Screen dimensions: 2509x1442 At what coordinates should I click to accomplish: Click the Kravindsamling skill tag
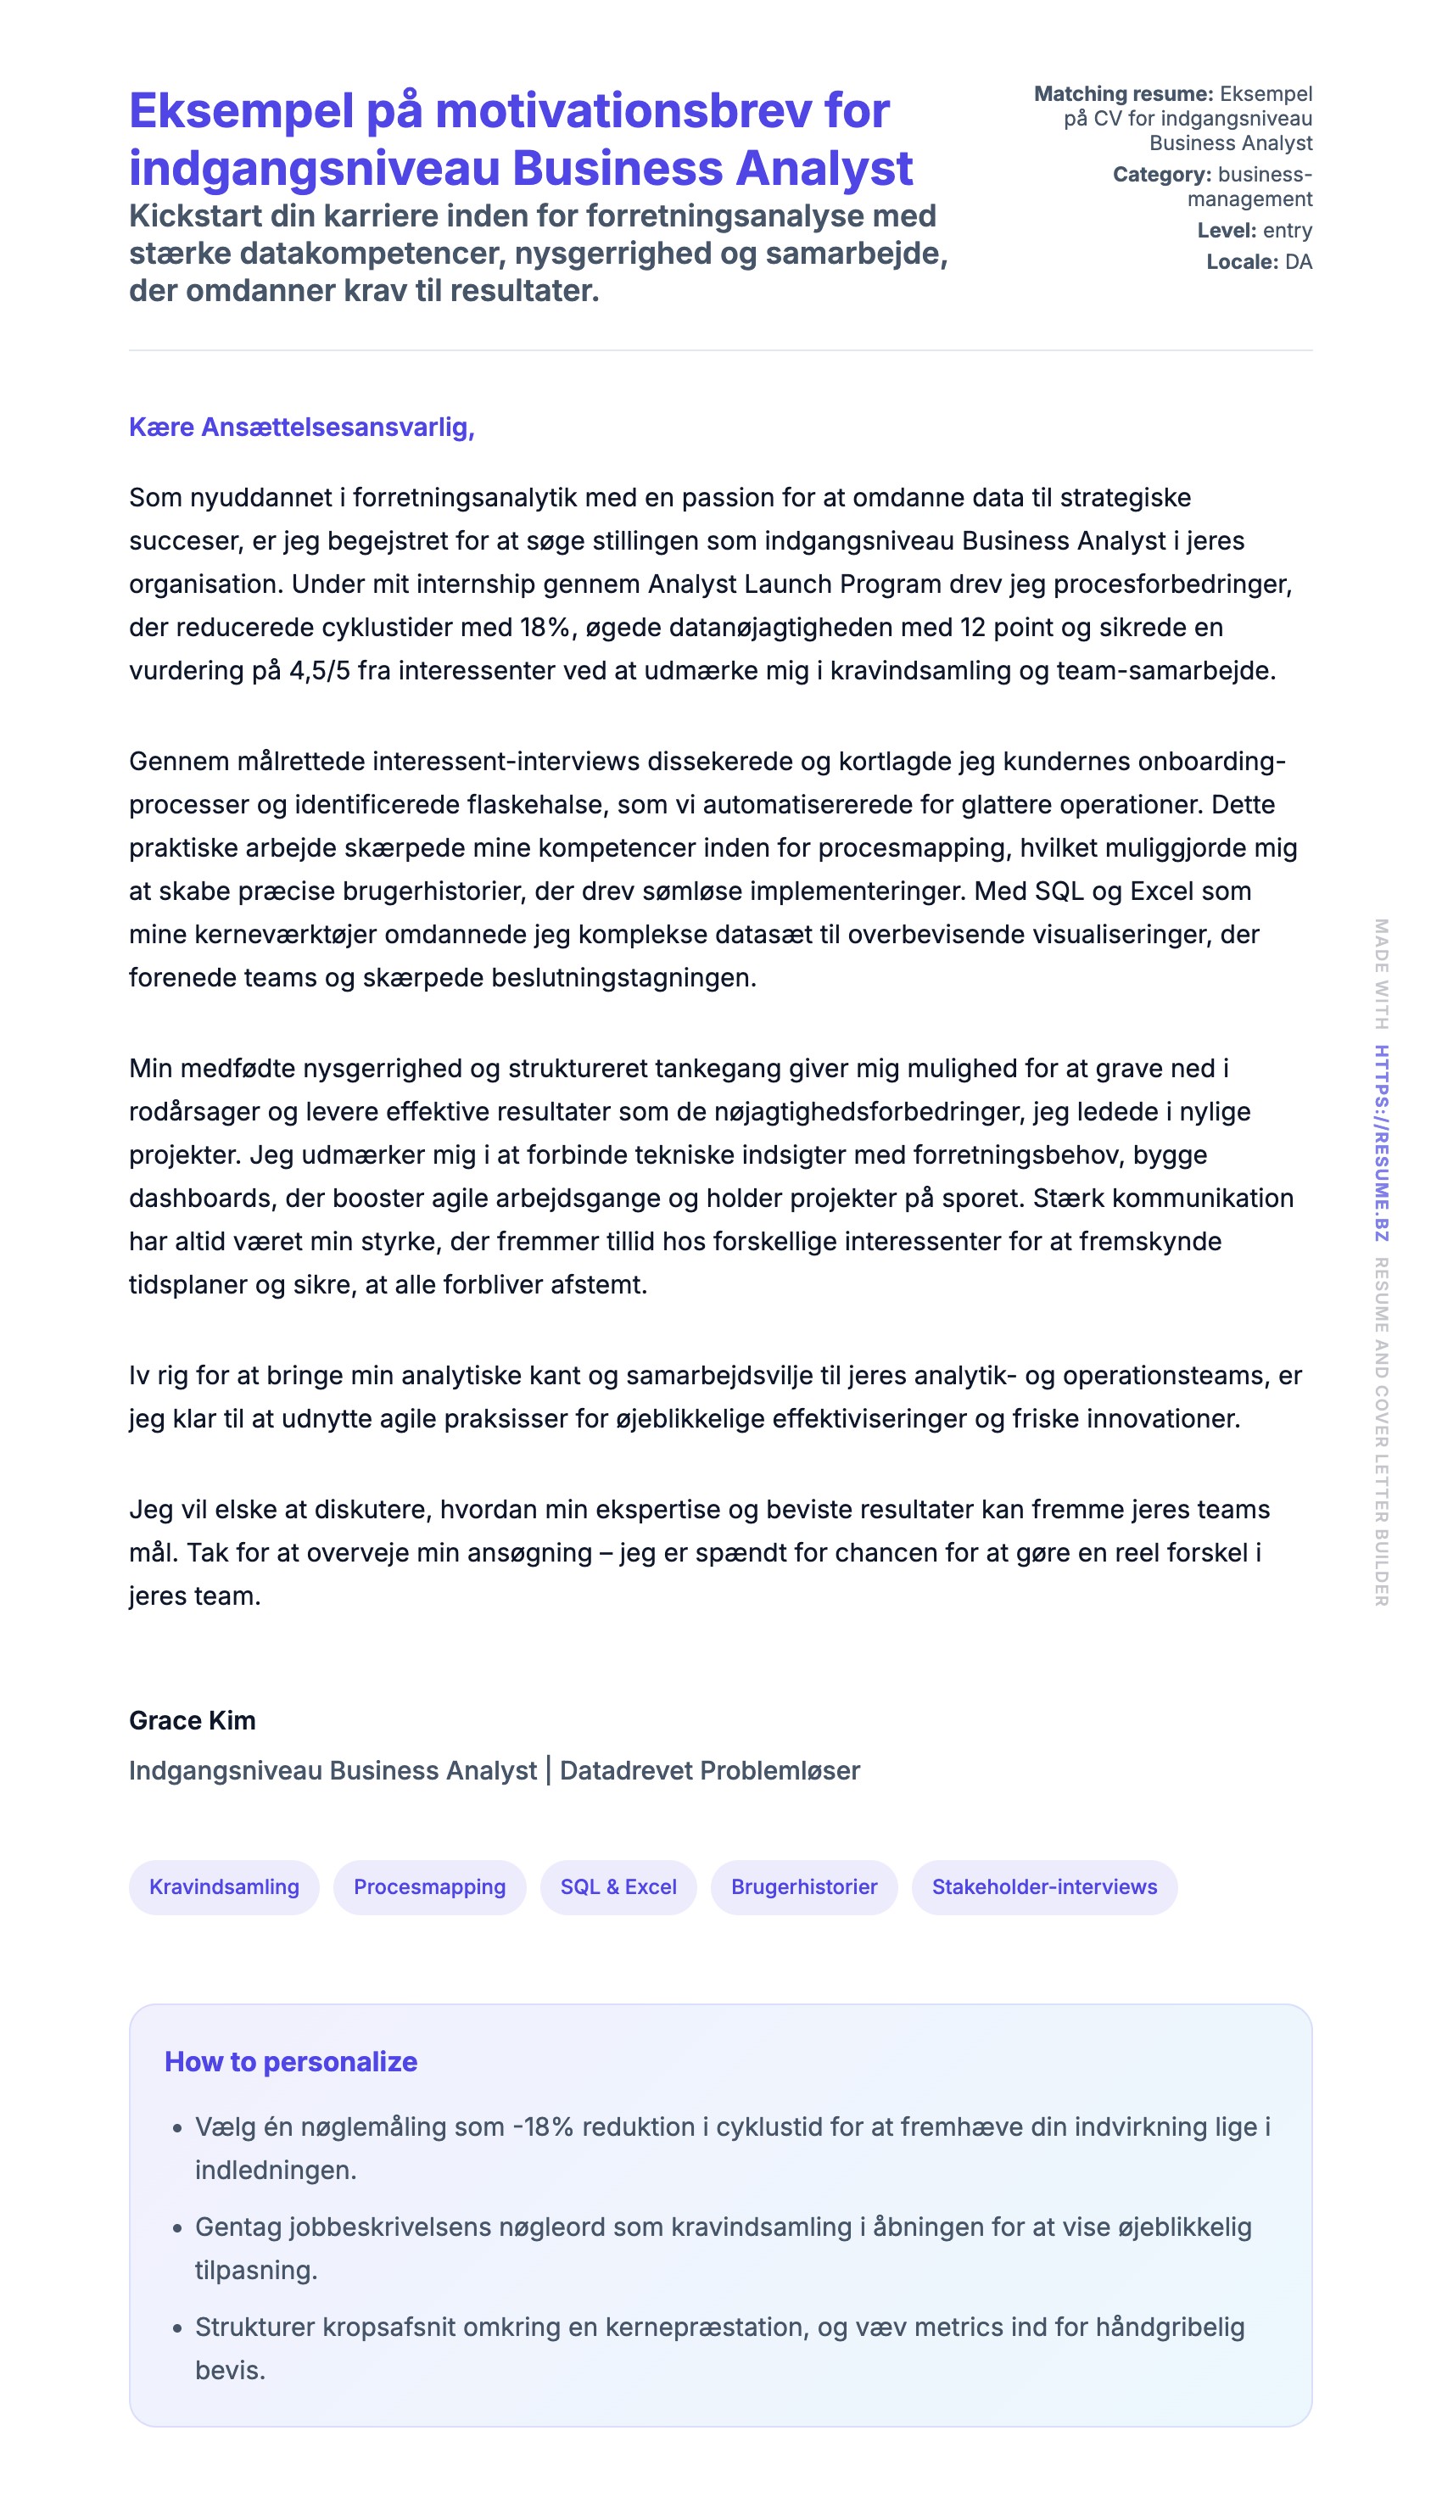tap(224, 1887)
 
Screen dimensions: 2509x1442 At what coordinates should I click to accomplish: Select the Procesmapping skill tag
tap(429, 1887)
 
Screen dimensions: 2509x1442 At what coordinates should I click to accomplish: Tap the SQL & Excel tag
tap(618, 1887)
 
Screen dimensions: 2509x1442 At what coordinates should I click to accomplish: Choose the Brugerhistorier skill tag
tap(803, 1887)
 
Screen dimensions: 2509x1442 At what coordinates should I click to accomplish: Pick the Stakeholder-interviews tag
tap(1044, 1887)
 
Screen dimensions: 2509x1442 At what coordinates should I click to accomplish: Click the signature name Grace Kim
tap(193, 1721)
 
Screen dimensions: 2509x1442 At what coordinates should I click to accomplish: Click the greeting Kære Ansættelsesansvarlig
tap(301, 427)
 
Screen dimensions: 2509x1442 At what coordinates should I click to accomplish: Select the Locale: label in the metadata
tap(1242, 262)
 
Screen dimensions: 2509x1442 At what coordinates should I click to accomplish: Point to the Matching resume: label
tap(1123, 94)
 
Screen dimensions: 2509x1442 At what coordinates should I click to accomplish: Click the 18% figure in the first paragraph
tap(545, 628)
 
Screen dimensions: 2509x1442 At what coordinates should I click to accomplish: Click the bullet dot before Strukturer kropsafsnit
tap(177, 2327)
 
